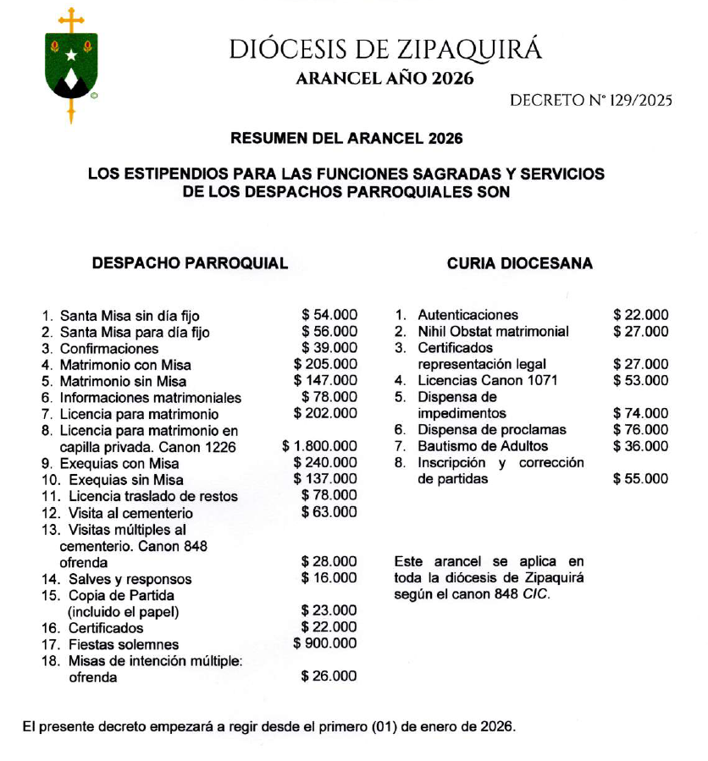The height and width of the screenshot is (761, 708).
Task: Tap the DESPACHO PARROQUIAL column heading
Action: [x=190, y=263]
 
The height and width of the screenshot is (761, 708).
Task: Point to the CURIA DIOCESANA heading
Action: [x=520, y=263]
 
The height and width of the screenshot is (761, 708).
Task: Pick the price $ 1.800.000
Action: [x=319, y=446]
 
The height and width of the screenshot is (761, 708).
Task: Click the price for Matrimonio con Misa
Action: [x=325, y=364]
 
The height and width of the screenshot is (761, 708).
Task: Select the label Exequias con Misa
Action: [x=119, y=463]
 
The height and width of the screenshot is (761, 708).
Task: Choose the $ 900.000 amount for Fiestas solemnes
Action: [x=325, y=643]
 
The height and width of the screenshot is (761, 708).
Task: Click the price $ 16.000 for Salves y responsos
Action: [x=329, y=578]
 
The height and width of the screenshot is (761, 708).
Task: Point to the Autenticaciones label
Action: [x=467, y=315]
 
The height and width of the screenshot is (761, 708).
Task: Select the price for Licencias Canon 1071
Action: [x=641, y=381]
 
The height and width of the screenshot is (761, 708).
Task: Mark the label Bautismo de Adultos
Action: [x=483, y=446]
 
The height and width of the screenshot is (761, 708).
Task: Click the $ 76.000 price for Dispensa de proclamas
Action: [x=641, y=429]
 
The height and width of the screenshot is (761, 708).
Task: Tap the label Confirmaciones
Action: [x=109, y=348]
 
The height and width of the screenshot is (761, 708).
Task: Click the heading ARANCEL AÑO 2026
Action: [x=384, y=80]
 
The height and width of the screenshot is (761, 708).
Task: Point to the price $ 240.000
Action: [x=325, y=463]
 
